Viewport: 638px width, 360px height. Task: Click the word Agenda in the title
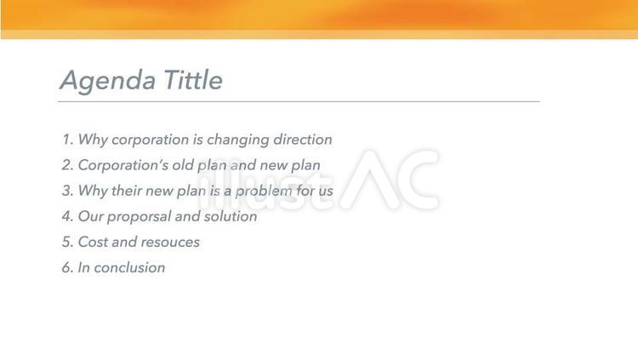pyautogui.click(x=107, y=81)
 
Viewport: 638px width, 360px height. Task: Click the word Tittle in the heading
pyautogui.click(x=192, y=80)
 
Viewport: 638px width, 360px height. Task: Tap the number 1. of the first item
pyautogui.click(x=67, y=140)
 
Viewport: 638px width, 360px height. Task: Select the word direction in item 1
pyautogui.click(x=302, y=140)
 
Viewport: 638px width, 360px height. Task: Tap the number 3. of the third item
pyautogui.click(x=67, y=191)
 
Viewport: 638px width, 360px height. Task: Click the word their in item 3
pyautogui.click(x=129, y=191)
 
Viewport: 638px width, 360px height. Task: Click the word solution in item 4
pyautogui.click(x=229, y=216)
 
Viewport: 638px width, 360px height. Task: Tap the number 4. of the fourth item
pyautogui.click(x=67, y=216)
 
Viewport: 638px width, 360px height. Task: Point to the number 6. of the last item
pyautogui.click(x=67, y=267)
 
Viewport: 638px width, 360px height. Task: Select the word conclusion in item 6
pyautogui.click(x=129, y=267)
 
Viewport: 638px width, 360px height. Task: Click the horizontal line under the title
pyautogui.click(x=298, y=101)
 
